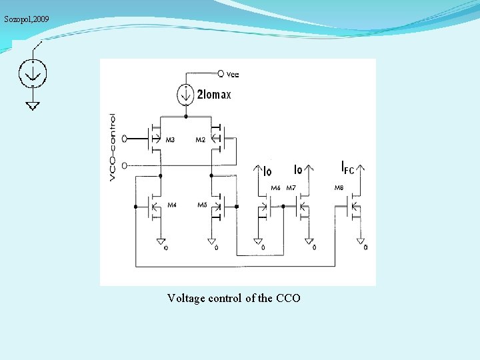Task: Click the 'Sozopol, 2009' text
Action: click(26, 19)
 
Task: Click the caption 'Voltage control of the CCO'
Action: click(234, 298)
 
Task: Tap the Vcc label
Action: click(233, 73)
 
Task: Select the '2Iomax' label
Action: click(214, 95)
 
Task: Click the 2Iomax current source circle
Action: click(185, 95)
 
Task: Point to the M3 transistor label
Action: click(171, 140)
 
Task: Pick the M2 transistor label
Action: click(200, 140)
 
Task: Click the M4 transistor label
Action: click(171, 205)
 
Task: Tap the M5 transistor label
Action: click(202, 205)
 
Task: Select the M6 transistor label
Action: click(275, 188)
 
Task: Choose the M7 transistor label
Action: click(291, 188)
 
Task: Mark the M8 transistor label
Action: click(339, 188)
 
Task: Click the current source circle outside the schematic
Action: click(32, 73)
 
